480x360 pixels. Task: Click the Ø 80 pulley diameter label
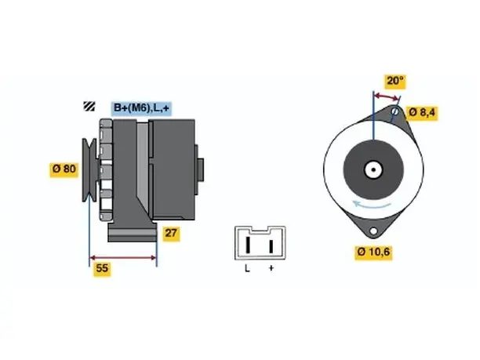pos(64,169)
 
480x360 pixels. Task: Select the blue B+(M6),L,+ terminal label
pos(141,108)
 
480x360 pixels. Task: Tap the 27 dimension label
pos(171,234)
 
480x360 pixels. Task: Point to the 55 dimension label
pos(102,268)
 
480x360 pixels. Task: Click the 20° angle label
pos(395,81)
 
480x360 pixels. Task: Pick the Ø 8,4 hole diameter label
pos(421,112)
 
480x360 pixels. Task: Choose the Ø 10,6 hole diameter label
pos(373,253)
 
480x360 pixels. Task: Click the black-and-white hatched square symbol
pos(89,106)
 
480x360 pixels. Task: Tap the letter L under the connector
pos(247,269)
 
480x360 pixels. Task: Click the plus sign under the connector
pos(271,268)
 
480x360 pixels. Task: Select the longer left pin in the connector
pos(249,245)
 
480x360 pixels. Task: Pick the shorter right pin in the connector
pos(271,246)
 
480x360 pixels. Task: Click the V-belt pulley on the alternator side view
pos(89,170)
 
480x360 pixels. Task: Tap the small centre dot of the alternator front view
pos(373,170)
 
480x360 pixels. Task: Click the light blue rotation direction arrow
pos(372,205)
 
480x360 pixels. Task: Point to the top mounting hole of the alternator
pos(395,111)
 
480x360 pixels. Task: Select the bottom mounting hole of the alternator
pos(373,231)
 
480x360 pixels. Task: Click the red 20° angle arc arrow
pos(387,97)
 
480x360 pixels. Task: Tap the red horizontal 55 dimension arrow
pos(123,258)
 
